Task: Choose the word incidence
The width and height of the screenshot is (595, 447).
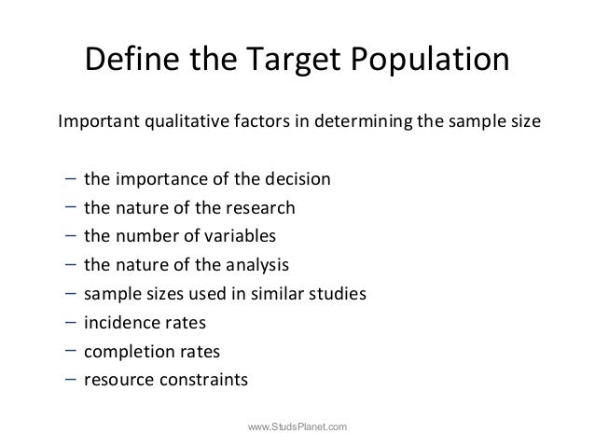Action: pyautogui.click(x=118, y=324)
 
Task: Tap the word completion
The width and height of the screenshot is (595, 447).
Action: pyautogui.click(x=124, y=353)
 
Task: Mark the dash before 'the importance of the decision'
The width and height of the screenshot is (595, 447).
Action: pyautogui.click(x=71, y=177)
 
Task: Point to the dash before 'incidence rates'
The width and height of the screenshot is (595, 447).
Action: pyautogui.click(x=71, y=322)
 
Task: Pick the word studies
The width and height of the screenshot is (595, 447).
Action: pyautogui.click(x=339, y=295)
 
